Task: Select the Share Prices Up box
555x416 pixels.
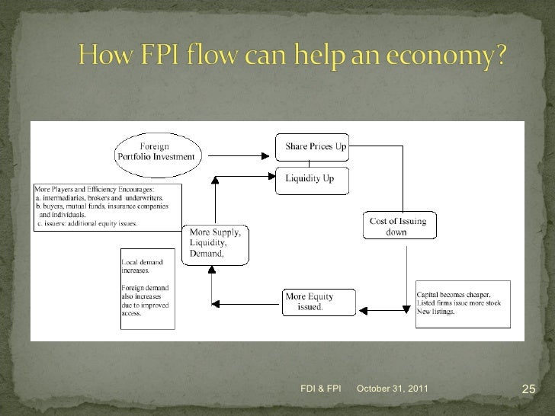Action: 312,146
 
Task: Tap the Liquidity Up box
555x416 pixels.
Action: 312,180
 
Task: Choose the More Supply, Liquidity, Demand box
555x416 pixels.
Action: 215,244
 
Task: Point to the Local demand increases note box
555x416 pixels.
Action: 147,288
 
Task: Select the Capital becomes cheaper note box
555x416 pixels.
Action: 462,303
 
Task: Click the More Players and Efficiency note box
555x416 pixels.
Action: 107,206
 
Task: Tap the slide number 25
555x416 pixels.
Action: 528,390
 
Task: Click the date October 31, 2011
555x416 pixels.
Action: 393,389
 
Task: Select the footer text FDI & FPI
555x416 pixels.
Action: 320,389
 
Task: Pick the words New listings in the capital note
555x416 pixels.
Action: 435,312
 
